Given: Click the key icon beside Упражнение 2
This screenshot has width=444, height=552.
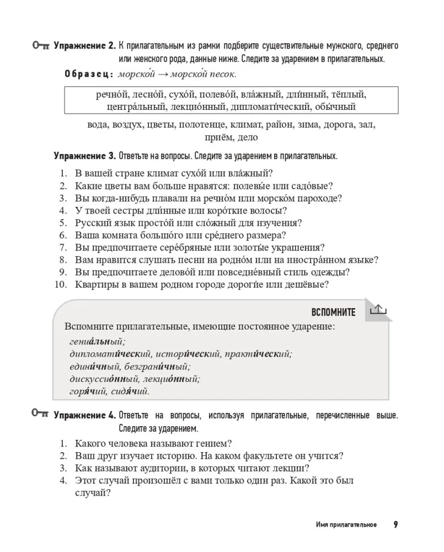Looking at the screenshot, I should click(x=41, y=46).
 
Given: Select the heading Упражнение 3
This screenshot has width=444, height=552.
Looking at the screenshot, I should click(x=85, y=156).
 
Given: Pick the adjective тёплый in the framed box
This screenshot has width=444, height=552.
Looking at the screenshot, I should click(x=347, y=94).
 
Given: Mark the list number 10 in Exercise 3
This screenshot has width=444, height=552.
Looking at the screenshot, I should click(x=61, y=285).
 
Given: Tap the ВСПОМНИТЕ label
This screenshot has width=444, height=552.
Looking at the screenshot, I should click(x=333, y=312).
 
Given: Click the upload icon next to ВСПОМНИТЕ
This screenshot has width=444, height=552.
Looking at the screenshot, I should click(x=378, y=310).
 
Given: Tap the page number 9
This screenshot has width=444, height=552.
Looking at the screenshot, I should click(x=395, y=524).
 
